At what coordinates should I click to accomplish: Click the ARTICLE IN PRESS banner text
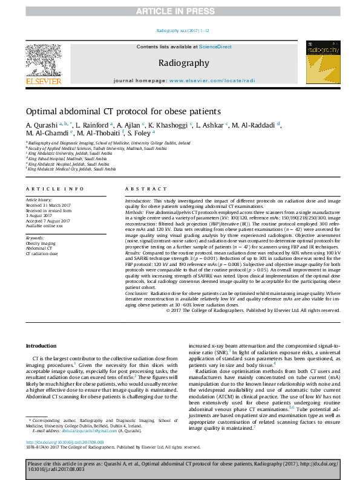point(180,11)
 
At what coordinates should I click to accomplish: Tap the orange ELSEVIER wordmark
point(43,81)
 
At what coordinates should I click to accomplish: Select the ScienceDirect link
point(215,47)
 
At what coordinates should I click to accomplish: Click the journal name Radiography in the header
point(184,63)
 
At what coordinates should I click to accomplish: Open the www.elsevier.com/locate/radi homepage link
point(212,80)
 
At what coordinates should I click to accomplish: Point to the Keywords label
point(35,238)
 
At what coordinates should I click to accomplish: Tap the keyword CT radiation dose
point(42,254)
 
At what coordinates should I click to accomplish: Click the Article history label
point(39,199)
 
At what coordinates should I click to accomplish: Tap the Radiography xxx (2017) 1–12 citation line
point(180,30)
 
